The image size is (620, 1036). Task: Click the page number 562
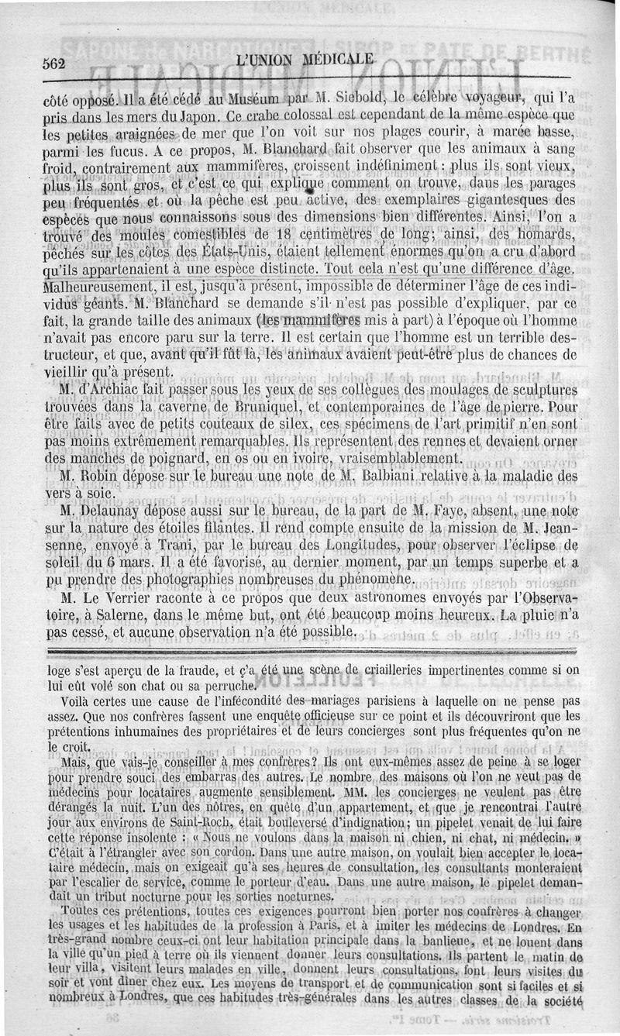pyautogui.click(x=55, y=64)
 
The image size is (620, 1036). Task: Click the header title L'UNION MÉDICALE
pyautogui.click(x=307, y=60)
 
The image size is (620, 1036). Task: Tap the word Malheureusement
pyautogui.click(x=96, y=287)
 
